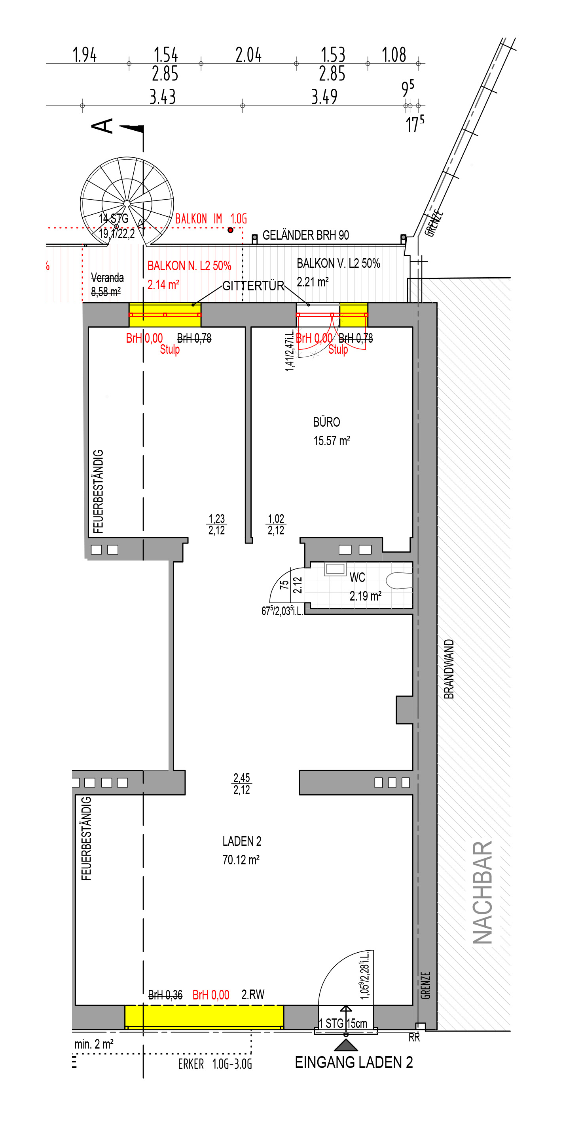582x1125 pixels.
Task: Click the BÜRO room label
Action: (x=326, y=422)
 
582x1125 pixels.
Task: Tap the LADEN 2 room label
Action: (x=242, y=841)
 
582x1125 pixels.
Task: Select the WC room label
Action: (x=357, y=577)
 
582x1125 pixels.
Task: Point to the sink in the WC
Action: (x=335, y=568)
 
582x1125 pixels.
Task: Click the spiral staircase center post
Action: (x=127, y=204)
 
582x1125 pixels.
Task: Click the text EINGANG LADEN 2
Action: (x=354, y=1062)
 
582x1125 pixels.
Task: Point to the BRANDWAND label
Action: (x=449, y=669)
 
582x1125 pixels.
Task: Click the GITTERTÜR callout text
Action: (x=254, y=286)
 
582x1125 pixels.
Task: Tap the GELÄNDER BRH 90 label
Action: (x=306, y=235)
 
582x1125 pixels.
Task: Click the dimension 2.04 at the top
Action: (x=248, y=55)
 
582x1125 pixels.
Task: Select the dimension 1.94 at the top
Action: (x=85, y=55)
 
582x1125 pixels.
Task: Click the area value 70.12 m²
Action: (x=241, y=860)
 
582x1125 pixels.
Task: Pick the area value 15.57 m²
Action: (x=332, y=440)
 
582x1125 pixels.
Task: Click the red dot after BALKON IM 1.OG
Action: (x=230, y=230)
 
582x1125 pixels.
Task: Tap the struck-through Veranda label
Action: (x=107, y=278)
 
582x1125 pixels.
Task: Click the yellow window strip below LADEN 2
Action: (x=204, y=1017)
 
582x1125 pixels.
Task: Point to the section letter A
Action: (x=102, y=126)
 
